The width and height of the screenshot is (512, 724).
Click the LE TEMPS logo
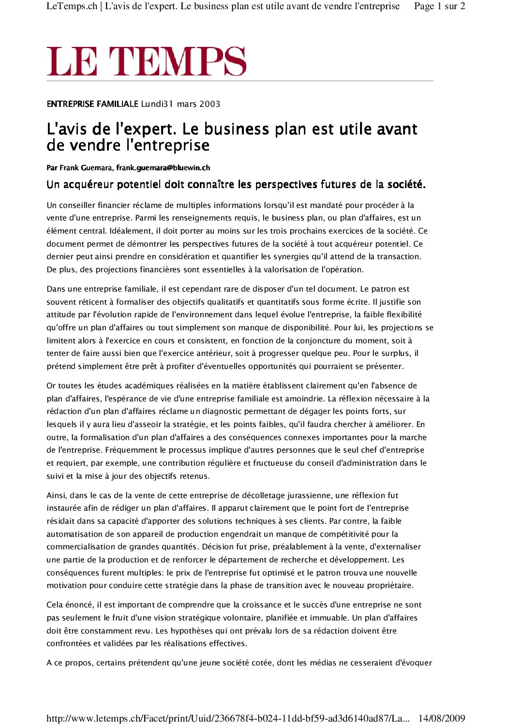pyautogui.click(x=146, y=61)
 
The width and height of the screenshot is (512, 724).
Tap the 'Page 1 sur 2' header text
pyautogui.click(x=439, y=6)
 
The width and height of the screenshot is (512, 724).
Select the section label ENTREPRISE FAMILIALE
pyautogui.click(x=92, y=104)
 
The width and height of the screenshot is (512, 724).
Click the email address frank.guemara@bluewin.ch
pyautogui.click(x=163, y=168)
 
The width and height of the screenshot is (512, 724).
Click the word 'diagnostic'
pyautogui.click(x=222, y=412)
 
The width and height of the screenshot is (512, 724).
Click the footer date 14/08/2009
pyautogui.click(x=441, y=718)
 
